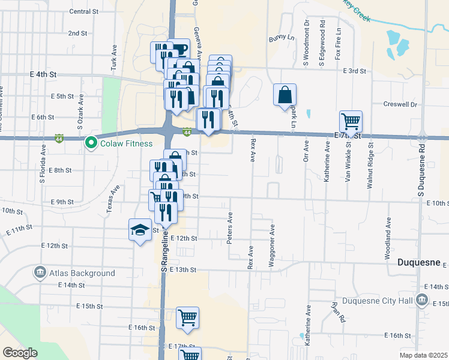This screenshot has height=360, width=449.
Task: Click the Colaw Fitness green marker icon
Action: click(91, 143)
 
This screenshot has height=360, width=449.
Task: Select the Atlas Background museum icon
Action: click(40, 273)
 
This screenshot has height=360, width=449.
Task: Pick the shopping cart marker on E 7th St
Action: click(351, 121)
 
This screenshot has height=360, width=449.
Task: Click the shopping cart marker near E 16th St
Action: click(187, 317)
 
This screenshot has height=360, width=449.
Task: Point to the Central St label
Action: click(83, 11)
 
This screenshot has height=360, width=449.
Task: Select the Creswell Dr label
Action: click(400, 104)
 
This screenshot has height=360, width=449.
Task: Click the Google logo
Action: click(20, 353)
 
